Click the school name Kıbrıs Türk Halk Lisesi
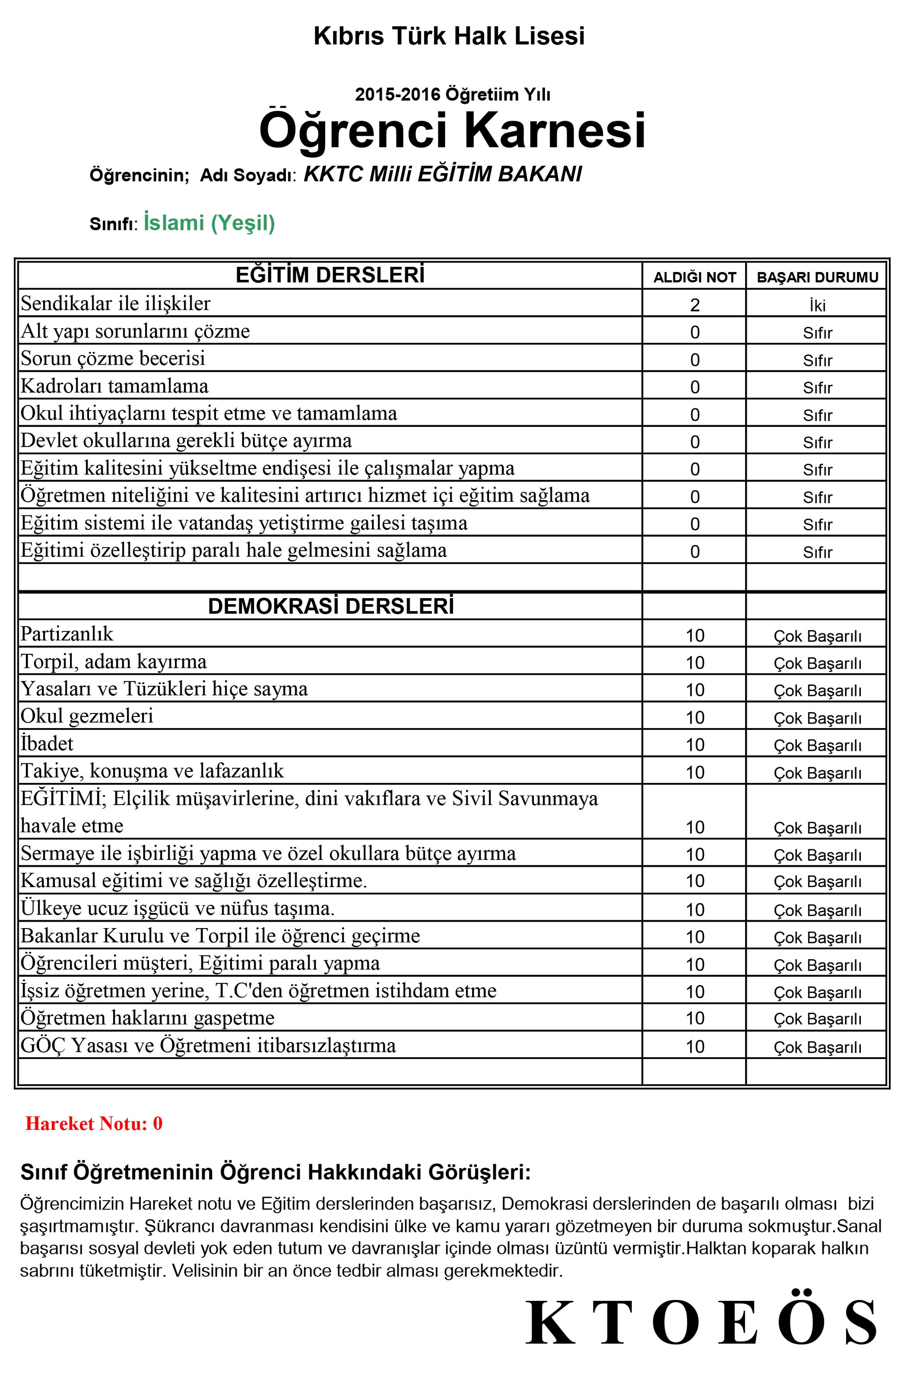pyautogui.click(x=448, y=36)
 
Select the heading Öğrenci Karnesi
pyautogui.click(x=452, y=130)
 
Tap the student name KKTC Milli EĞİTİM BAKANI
pyautogui.click(x=442, y=174)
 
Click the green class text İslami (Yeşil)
pyautogui.click(x=209, y=223)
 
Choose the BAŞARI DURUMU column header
pyautogui.click(x=817, y=277)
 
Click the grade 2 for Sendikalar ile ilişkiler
pyautogui.click(x=695, y=305)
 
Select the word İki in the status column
pyautogui.click(x=818, y=305)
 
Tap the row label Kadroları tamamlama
pyautogui.click(x=114, y=386)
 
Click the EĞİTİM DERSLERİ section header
pyautogui.click(x=330, y=275)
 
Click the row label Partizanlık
pyautogui.click(x=67, y=634)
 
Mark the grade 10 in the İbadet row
pyautogui.click(x=695, y=745)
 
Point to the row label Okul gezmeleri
pyautogui.click(x=87, y=716)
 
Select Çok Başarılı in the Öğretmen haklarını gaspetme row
pyautogui.click(x=817, y=1019)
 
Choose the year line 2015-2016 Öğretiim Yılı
pyautogui.click(x=452, y=94)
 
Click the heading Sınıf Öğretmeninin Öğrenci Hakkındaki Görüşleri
pyautogui.click(x=276, y=1172)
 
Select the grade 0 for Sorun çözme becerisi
pyautogui.click(x=695, y=360)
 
